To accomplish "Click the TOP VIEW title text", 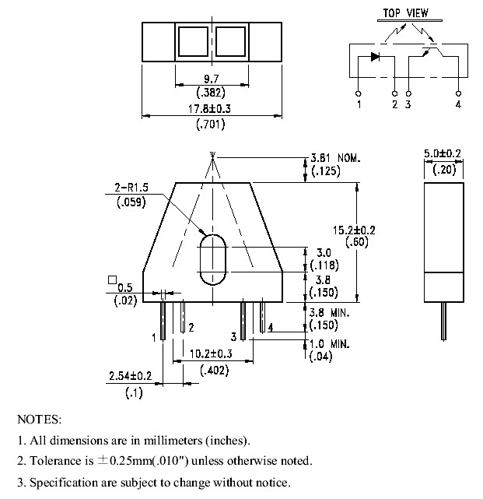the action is pos(405,13).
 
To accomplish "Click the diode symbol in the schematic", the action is pos(375,57).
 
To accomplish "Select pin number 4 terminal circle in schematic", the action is pos(458,93).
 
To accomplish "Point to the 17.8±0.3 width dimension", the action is pos(209,109).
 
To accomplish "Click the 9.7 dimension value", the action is pos(211,79).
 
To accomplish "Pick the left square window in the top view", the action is pos(193,42).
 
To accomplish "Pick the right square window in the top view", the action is pos(230,42).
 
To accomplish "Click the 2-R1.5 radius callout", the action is pos(131,188).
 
